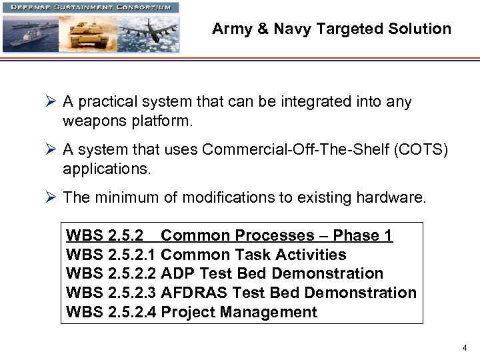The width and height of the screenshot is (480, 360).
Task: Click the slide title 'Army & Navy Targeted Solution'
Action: coord(331,29)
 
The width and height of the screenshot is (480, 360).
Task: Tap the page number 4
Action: coord(465,348)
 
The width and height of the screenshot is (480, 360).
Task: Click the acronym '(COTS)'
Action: coord(421,150)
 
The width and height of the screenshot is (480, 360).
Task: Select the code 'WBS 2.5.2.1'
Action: coord(111,255)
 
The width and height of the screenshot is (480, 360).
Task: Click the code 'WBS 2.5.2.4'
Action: coord(111,312)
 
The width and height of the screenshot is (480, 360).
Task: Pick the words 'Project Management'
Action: coord(239,312)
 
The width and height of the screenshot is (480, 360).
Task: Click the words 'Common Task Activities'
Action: coord(254,255)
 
